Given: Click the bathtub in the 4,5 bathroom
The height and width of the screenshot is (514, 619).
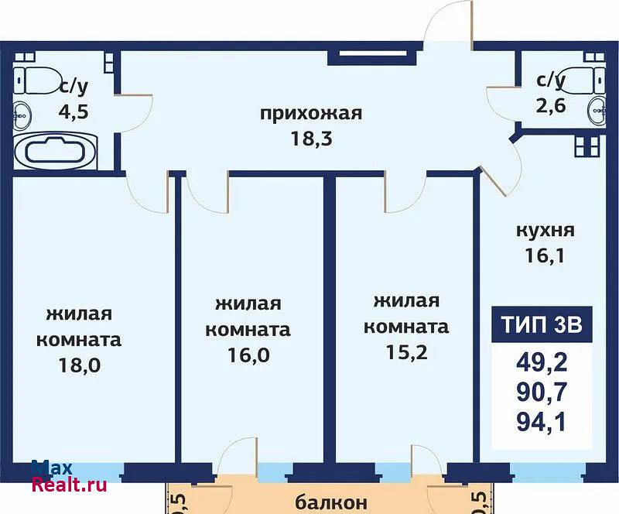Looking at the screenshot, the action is click(55, 150).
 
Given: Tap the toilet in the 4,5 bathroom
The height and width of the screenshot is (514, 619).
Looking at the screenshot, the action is click(36, 81).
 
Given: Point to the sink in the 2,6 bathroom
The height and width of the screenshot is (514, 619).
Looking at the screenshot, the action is click(596, 111).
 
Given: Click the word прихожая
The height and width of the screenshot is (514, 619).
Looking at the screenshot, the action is click(311, 113).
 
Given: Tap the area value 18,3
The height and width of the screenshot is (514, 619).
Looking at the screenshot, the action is click(312, 139).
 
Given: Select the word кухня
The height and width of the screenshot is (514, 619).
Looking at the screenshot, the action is click(545, 231).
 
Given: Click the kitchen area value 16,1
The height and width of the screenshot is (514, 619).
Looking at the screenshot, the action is click(545, 255).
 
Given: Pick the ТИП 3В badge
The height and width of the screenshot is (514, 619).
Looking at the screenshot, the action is click(542, 324).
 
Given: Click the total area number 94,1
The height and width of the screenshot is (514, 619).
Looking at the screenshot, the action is click(541, 422).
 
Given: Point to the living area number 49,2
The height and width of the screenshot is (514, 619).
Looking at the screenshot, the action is click(542, 362).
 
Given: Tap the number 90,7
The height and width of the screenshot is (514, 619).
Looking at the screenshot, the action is click(542, 392).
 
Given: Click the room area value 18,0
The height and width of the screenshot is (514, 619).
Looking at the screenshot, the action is click(80, 365).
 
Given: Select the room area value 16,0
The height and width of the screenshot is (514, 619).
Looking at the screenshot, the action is click(248, 355).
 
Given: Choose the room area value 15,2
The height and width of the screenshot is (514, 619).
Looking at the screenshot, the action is click(406, 352).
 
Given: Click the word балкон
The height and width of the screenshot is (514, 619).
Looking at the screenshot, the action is click(331, 502).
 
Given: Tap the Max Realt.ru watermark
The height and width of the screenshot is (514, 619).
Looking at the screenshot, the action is click(69, 476).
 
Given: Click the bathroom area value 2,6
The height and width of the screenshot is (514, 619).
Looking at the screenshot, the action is click(551, 106).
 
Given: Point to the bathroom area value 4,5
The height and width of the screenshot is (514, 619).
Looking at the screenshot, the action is click(74, 111).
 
